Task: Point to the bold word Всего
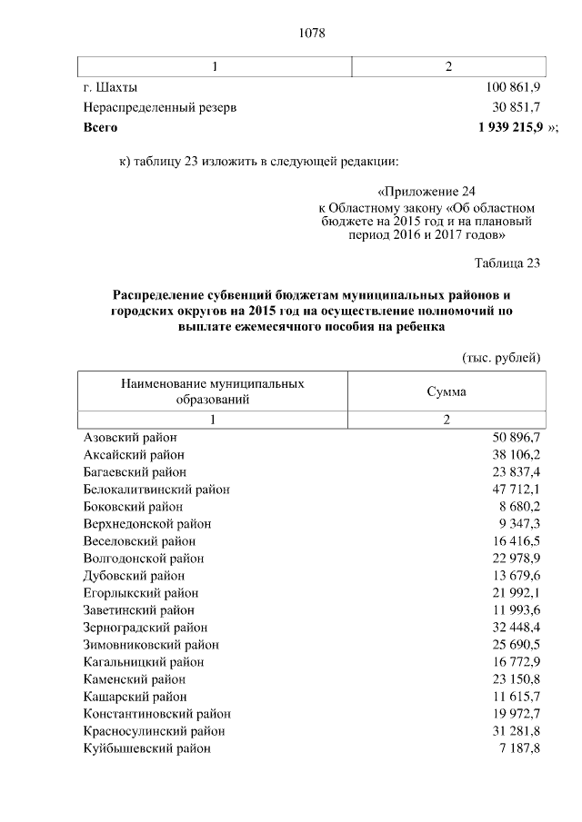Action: (x=100, y=128)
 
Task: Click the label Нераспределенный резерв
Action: (x=160, y=107)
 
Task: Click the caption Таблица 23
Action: (x=507, y=264)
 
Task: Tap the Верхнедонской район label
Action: (x=146, y=524)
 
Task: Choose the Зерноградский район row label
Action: (x=145, y=628)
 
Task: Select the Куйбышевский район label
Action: (x=146, y=748)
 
